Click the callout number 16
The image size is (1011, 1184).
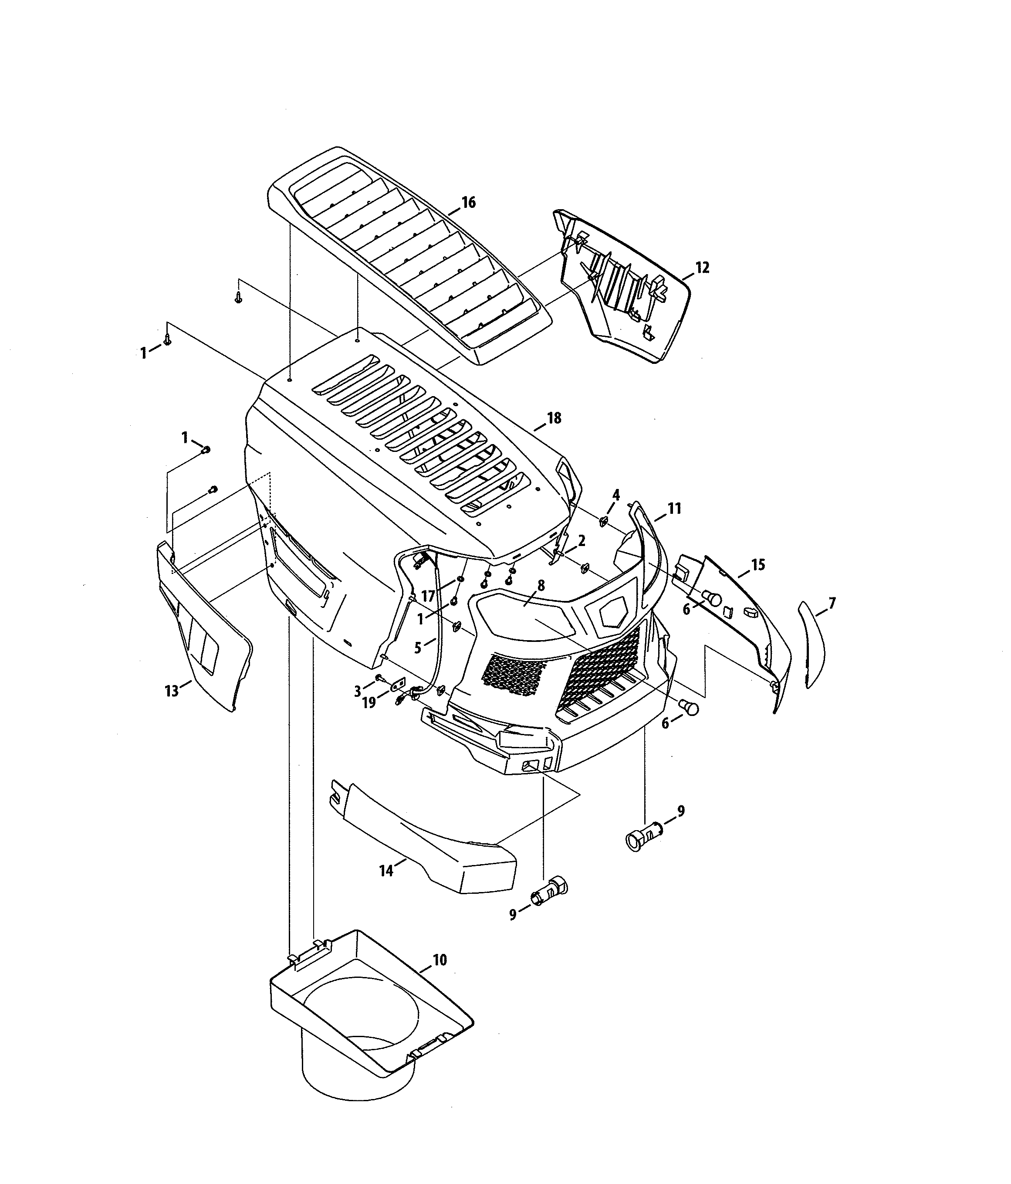[x=468, y=202]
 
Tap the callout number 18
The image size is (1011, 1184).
[x=554, y=418]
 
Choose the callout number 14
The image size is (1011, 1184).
[x=386, y=870]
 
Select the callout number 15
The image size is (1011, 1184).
[x=757, y=565]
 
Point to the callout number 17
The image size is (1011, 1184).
[x=428, y=596]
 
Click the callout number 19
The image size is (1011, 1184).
[x=369, y=703]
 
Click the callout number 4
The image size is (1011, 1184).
[x=616, y=494]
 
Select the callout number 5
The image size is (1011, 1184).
[x=418, y=648]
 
